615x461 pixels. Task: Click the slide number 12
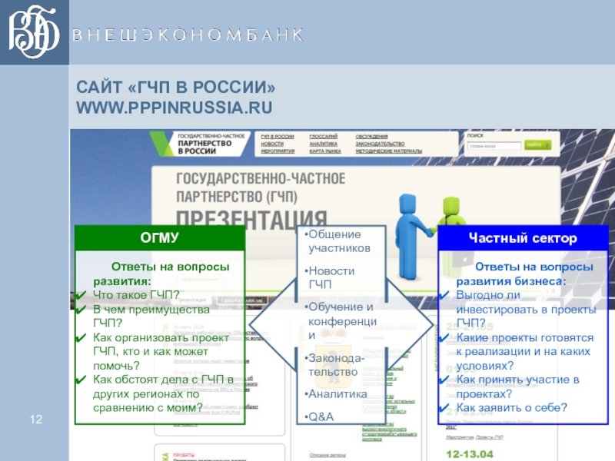(35, 419)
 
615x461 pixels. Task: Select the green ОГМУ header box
(160, 238)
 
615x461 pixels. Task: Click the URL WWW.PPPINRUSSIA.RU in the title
(174, 105)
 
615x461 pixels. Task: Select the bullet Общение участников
(338, 241)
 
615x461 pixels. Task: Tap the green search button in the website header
(535, 144)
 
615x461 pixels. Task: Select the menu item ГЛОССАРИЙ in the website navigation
(324, 136)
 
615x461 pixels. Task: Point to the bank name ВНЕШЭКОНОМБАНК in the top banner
(188, 35)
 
